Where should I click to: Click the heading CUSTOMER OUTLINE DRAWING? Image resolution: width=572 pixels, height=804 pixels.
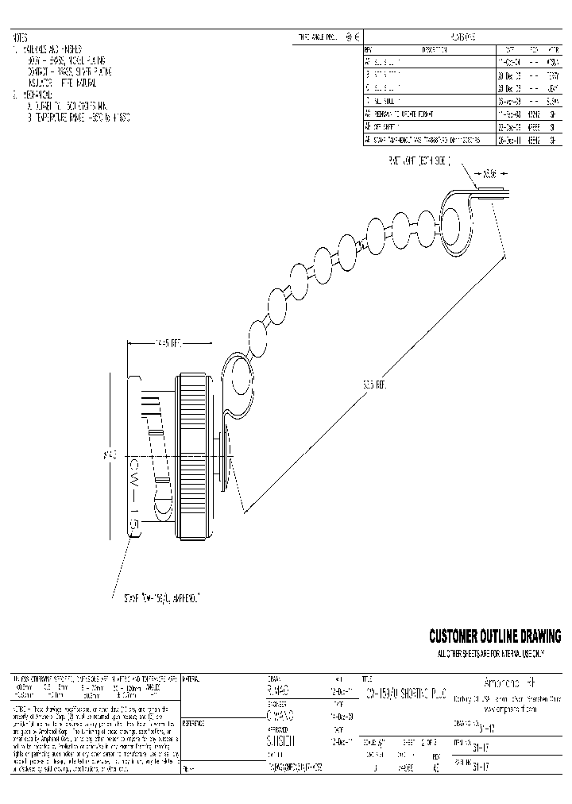coord(494,636)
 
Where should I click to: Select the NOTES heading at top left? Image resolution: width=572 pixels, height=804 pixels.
coord(20,37)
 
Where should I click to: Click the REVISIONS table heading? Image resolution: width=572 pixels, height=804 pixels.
coord(463,37)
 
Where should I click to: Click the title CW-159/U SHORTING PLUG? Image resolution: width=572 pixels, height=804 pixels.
coord(413,692)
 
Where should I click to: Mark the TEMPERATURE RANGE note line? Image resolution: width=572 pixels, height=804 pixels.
coord(79,117)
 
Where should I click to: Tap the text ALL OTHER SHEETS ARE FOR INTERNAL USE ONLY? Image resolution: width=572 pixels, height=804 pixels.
coord(490,654)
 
